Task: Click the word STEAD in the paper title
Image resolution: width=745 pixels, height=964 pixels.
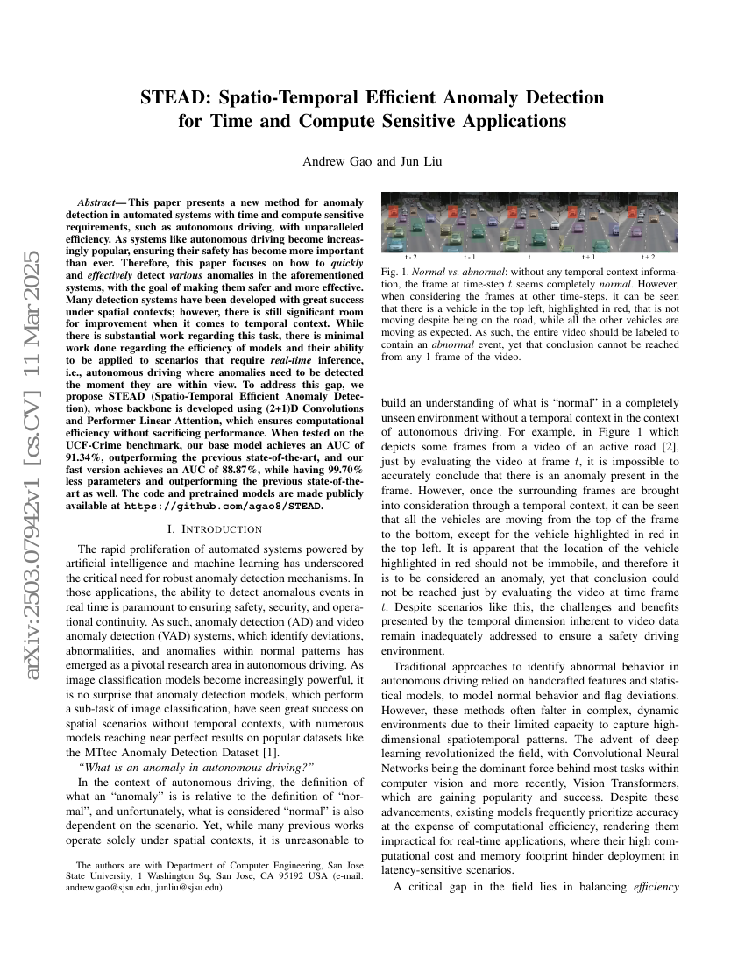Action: [172, 97]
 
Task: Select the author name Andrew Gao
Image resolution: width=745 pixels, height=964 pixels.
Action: [335, 161]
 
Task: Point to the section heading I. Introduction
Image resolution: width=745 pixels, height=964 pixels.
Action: [215, 529]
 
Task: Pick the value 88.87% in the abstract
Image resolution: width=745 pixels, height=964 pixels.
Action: [231, 470]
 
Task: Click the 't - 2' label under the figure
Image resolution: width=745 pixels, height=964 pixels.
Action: [410, 258]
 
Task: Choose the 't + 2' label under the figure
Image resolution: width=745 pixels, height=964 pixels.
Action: [649, 258]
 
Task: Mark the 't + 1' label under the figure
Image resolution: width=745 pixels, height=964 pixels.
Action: [589, 258]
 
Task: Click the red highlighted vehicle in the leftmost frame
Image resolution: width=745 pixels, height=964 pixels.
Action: [395, 211]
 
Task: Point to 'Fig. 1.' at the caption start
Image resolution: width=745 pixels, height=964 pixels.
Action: [394, 273]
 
